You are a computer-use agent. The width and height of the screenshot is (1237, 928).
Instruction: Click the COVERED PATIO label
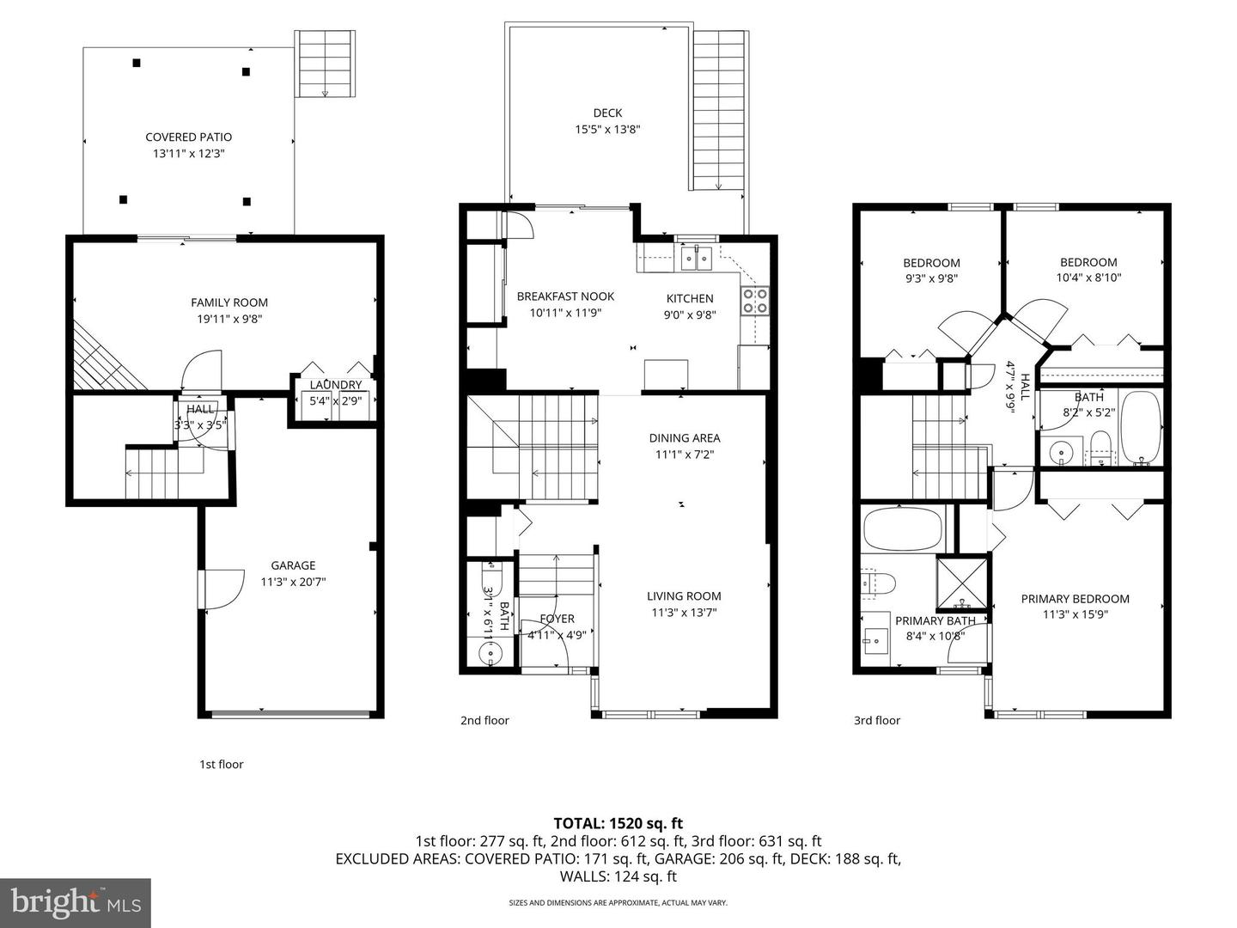(188, 137)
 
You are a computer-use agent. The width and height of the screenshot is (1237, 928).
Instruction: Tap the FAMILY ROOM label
(229, 302)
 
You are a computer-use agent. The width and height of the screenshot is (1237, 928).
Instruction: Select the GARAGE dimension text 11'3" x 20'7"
(293, 582)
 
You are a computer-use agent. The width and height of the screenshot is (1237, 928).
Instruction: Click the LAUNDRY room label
(336, 385)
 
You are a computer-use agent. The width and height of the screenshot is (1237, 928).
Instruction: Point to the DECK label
(607, 113)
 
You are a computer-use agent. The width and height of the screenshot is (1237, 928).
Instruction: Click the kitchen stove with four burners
(755, 301)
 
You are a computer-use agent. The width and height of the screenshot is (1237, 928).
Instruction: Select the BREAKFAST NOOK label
(565, 296)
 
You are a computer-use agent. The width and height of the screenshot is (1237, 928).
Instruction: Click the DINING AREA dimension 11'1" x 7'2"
(685, 455)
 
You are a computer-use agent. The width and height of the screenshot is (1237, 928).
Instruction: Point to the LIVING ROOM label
(684, 596)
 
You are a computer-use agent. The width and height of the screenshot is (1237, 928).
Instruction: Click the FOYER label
(557, 619)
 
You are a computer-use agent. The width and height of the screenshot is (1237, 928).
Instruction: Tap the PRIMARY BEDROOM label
(1075, 599)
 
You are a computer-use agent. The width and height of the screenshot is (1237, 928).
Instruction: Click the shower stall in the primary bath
(961, 583)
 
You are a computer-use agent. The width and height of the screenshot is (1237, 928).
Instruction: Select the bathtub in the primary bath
(903, 529)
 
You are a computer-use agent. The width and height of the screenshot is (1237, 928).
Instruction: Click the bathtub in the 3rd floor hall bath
(1141, 428)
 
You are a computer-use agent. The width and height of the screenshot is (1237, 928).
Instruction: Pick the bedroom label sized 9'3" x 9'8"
(931, 263)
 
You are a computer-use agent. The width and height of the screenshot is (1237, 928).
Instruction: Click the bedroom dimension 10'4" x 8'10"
(1088, 278)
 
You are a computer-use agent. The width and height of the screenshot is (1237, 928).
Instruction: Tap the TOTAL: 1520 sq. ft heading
(618, 823)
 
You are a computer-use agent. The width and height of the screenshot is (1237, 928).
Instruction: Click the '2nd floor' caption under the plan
(484, 720)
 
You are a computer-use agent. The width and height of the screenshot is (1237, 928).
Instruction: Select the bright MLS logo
(76, 902)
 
